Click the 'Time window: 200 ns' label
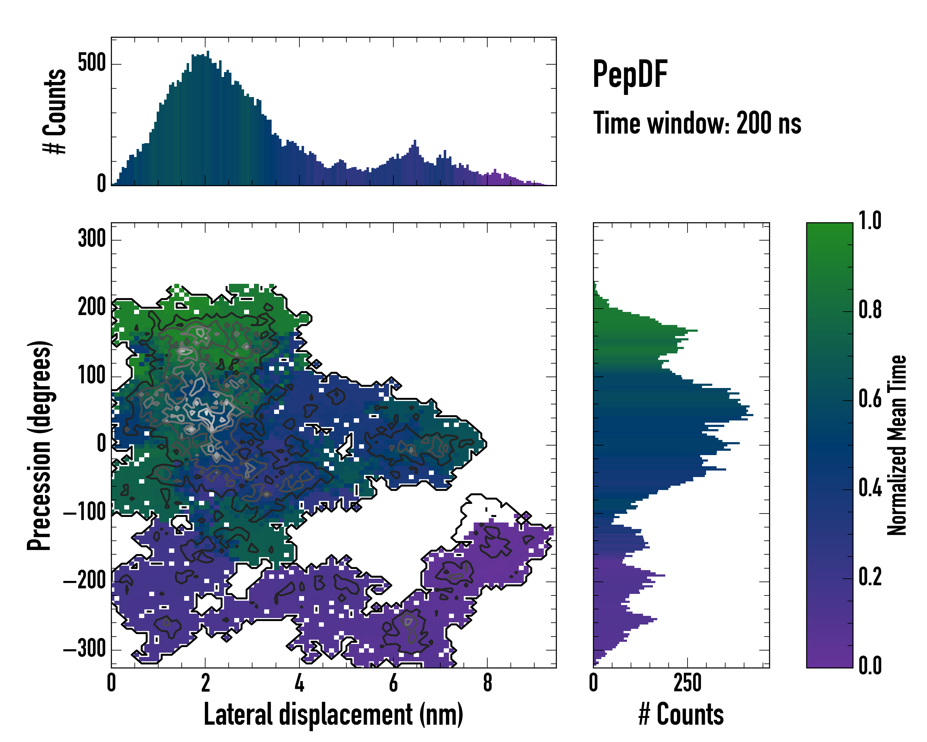tap(697, 123)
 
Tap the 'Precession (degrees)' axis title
tap(40, 445)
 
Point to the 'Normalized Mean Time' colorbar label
tap(897, 445)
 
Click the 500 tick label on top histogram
tap(91, 63)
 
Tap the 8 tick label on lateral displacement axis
tap(487, 683)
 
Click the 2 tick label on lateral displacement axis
tap(205, 683)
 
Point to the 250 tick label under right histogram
tap(687, 683)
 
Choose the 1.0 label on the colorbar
tap(870, 221)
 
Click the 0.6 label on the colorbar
tap(870, 399)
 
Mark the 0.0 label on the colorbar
tap(870, 665)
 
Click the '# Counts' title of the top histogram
tap(55, 111)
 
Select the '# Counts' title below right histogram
tap(681, 714)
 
